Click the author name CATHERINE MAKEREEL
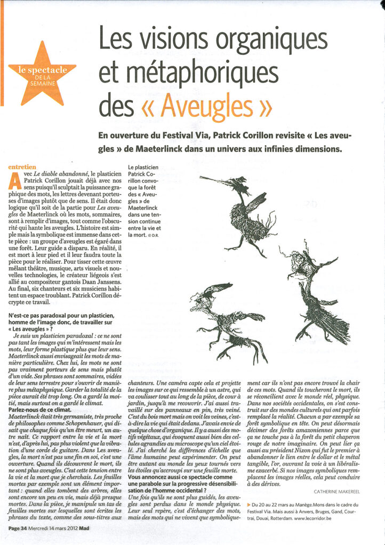[x=339, y=491]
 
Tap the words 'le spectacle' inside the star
[x=43, y=69]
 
